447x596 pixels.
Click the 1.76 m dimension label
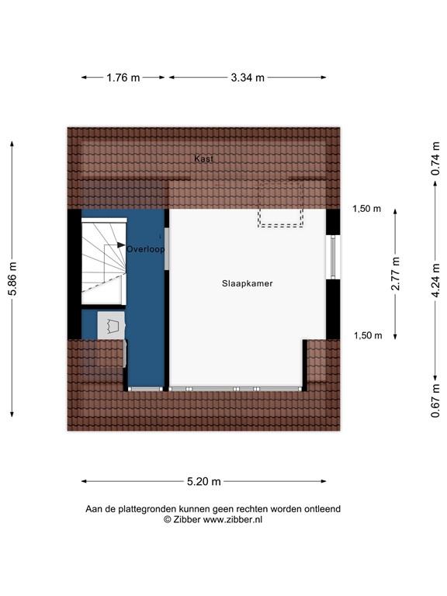(123, 78)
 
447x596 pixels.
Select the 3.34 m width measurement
(248, 78)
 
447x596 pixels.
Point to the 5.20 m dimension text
(203, 482)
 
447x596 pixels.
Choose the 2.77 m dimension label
(395, 274)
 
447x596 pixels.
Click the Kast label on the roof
(204, 158)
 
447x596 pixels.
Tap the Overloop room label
(145, 251)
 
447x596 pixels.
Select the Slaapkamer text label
(247, 284)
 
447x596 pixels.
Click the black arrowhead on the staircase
(121, 246)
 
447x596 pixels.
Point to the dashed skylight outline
(280, 204)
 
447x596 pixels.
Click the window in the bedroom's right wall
(333, 257)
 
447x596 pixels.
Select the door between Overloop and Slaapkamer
(167, 249)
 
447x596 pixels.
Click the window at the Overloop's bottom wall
(145, 387)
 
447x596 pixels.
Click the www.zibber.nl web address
(232, 520)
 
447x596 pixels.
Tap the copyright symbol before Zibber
(167, 520)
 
